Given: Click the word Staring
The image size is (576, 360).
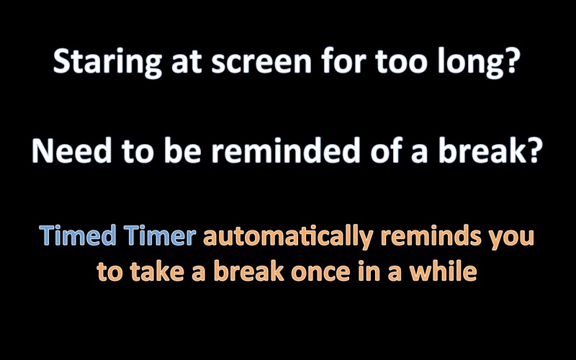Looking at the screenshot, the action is (107, 62).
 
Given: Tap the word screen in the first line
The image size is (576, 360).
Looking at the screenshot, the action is (261, 63).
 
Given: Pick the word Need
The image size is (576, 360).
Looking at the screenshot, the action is (71, 150).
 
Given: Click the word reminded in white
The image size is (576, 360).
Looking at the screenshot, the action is (285, 150).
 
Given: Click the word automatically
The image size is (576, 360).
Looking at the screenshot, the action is (289, 237).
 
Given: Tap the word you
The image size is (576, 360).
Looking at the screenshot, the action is (511, 239).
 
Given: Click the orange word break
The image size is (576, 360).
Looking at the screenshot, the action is (249, 271).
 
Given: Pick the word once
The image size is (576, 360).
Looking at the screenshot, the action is (320, 274).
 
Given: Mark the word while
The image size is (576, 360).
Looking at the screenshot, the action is (444, 271).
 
